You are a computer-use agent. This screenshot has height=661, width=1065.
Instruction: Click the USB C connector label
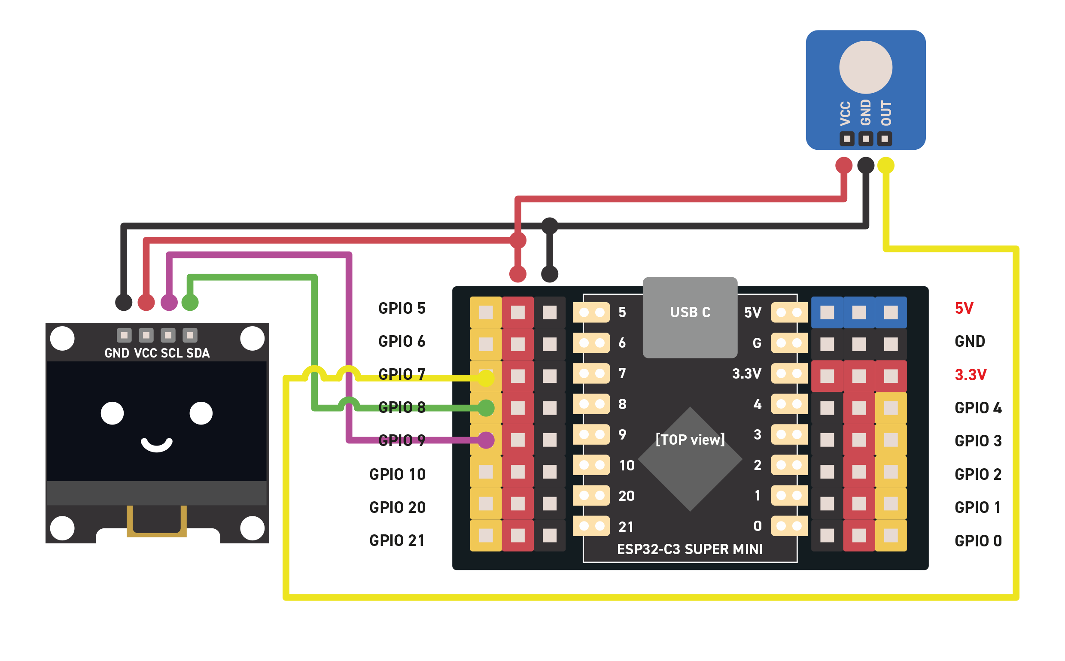pos(690,312)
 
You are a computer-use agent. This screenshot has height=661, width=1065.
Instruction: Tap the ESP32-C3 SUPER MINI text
pos(690,549)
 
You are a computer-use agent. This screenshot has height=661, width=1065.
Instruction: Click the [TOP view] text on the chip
pos(690,440)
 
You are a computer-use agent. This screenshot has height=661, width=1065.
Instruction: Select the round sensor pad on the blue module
pos(866,67)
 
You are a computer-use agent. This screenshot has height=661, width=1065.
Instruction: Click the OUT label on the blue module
pos(886,113)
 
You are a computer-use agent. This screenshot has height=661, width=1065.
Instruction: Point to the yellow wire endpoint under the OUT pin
pos(885,165)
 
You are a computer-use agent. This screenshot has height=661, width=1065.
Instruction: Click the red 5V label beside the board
pos(964,308)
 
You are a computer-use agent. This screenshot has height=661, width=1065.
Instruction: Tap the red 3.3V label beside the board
pos(970,375)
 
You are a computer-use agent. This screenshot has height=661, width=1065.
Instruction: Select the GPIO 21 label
pos(397,541)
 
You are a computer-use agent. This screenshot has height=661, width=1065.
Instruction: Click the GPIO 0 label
pos(978,541)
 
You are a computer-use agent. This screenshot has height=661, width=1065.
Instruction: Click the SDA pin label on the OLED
pos(198,353)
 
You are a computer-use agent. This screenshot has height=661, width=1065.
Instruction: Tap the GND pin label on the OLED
pos(117,353)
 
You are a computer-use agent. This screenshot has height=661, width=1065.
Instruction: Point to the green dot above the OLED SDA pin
pos(190,302)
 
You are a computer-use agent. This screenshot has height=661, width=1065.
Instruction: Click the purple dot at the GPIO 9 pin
pos(486,440)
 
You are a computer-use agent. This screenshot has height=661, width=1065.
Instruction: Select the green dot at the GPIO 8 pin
pos(486,408)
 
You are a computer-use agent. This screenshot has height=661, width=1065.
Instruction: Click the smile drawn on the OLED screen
pos(157,445)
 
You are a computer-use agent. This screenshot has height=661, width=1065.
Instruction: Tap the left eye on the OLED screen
pos(113,413)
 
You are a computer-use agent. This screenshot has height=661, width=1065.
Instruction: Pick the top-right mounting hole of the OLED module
pos(253,338)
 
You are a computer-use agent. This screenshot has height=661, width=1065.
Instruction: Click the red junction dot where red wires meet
pos(518,240)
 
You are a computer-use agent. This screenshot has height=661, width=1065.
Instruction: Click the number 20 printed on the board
pos(626,496)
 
